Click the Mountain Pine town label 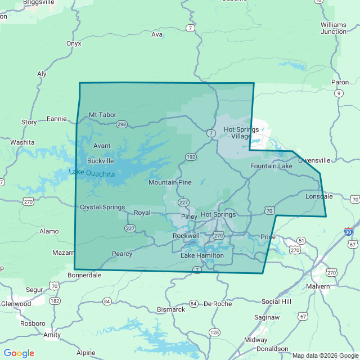[x=170, y=182]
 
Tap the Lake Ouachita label [x=92, y=173]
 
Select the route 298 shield [x=121, y=124]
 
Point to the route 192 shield [x=192, y=157]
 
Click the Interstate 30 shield [x=348, y=231]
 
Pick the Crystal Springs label [x=102, y=207]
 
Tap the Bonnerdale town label [x=84, y=275]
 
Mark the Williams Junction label [x=334, y=28]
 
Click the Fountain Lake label [x=271, y=166]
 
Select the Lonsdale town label [x=319, y=197]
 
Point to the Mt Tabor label [x=103, y=115]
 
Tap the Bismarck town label [x=170, y=309]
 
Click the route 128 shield [x=214, y=332]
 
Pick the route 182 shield [x=55, y=301]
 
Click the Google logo [x=19, y=353]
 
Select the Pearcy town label [x=122, y=254]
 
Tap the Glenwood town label [x=16, y=304]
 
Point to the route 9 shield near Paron [x=338, y=93]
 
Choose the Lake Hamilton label [x=202, y=255]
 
